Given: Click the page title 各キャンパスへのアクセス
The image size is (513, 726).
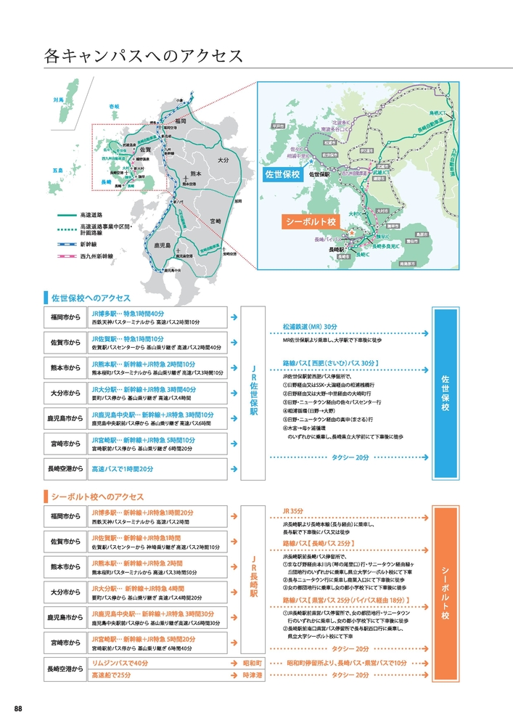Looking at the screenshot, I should coord(142,56).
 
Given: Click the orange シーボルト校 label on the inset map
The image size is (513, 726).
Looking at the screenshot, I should coord(311,222).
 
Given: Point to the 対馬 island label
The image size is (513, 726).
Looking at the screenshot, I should coord(59,99).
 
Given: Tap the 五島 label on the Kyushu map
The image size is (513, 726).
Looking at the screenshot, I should coord(58,170).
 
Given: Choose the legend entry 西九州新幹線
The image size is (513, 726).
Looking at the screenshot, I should coord(95,256).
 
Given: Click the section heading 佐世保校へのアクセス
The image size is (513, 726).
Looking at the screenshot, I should coord(90,298).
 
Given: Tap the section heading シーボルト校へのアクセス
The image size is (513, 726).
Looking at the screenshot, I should coord(98,497).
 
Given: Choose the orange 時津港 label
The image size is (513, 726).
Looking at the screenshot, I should coord(252,675).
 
